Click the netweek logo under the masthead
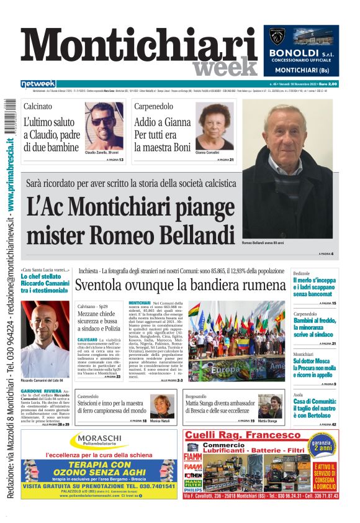point(38,84)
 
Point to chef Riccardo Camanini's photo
point(45,339)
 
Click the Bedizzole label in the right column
point(302,274)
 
